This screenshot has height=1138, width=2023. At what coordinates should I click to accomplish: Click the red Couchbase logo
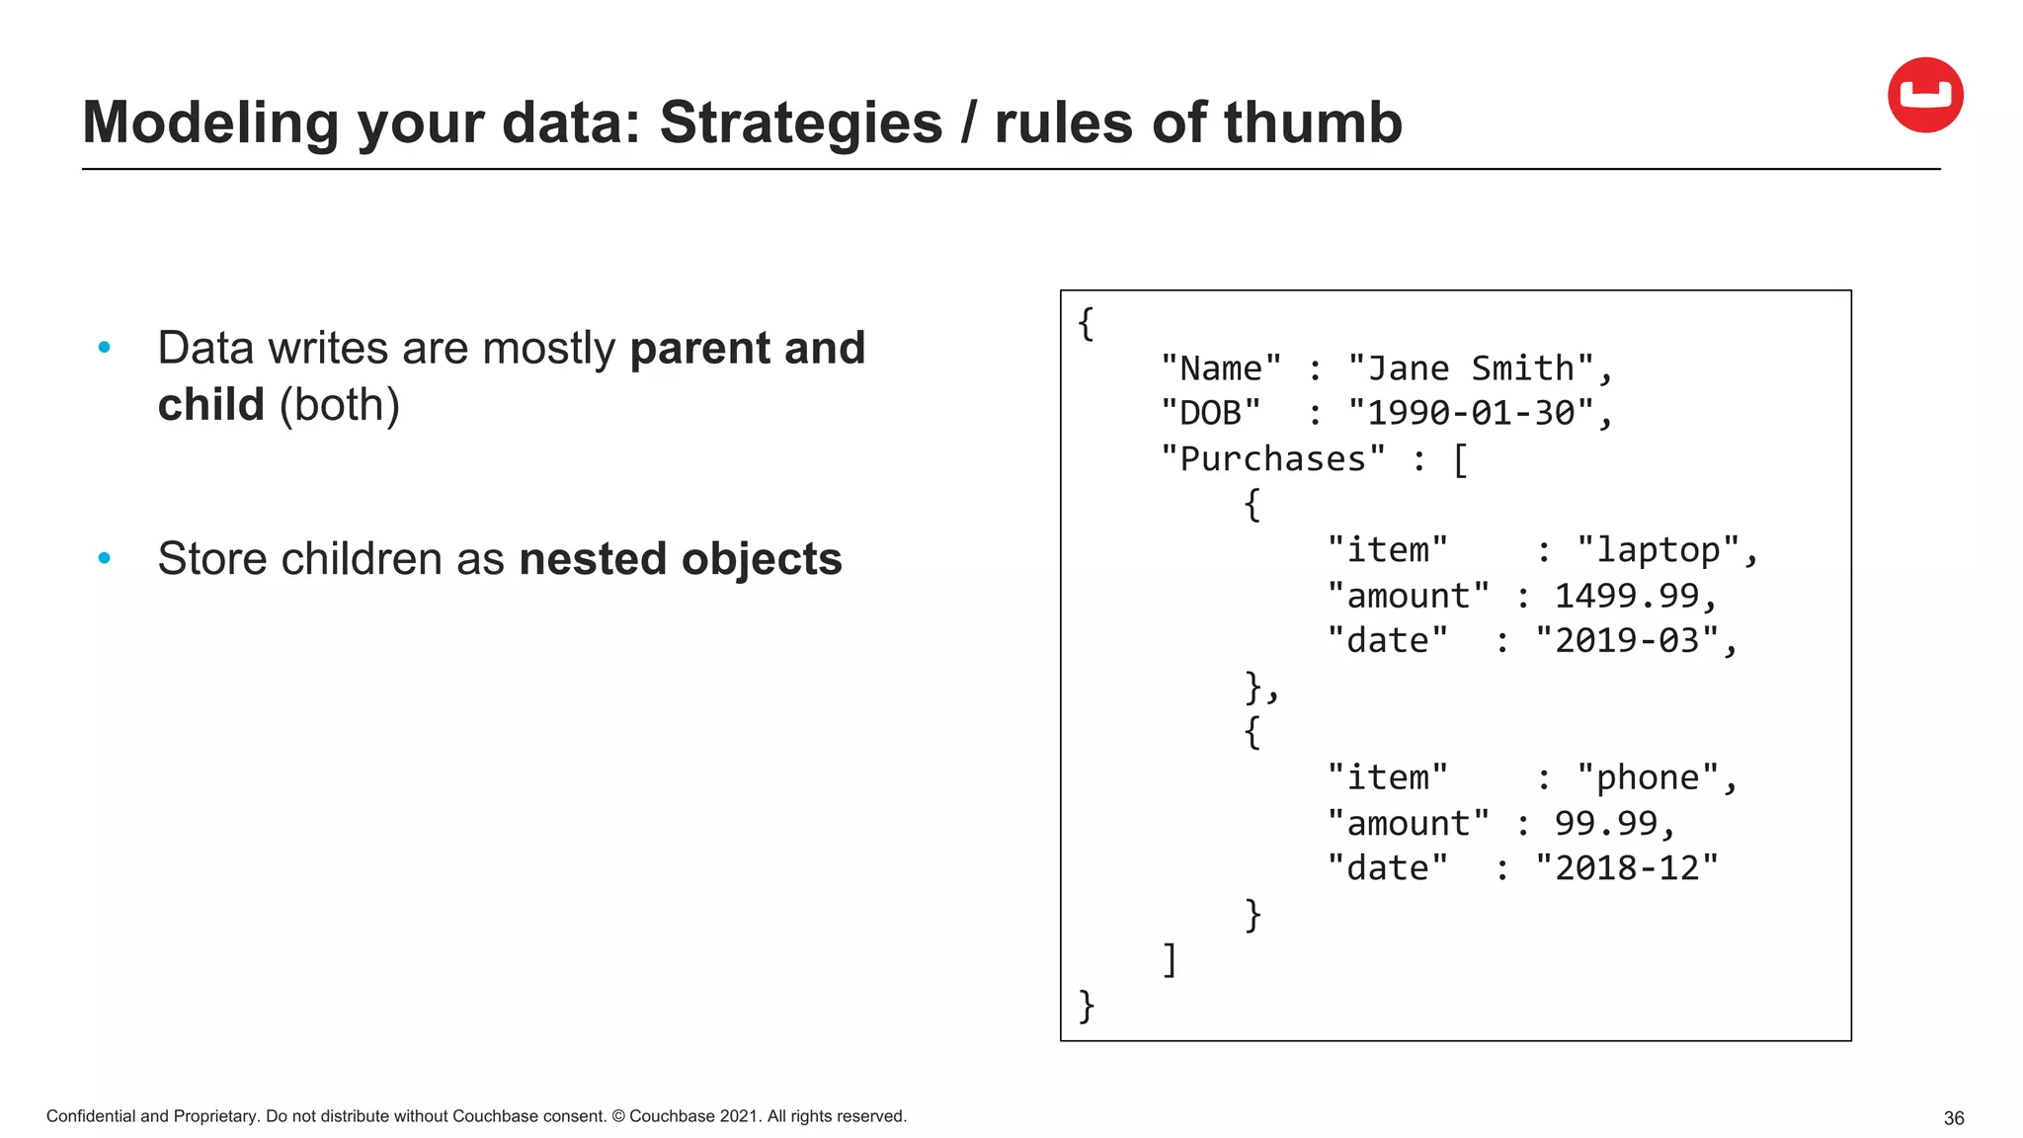pyautogui.click(x=1924, y=95)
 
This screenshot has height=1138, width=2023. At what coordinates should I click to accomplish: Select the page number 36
pyautogui.click(x=1953, y=1118)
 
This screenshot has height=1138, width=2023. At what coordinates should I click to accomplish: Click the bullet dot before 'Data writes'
pyautogui.click(x=105, y=348)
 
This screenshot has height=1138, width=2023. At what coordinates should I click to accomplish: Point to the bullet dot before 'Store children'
pyautogui.click(x=105, y=559)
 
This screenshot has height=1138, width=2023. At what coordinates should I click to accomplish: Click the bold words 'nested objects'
pyautogui.click(x=680, y=559)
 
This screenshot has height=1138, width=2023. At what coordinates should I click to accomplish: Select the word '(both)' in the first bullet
pyautogui.click(x=339, y=405)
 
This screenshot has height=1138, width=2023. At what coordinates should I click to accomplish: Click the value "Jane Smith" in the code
pyautogui.click(x=1471, y=368)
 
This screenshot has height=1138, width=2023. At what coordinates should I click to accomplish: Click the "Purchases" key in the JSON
pyautogui.click(x=1272, y=458)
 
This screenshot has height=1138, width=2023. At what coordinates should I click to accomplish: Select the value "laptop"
pyautogui.click(x=1658, y=550)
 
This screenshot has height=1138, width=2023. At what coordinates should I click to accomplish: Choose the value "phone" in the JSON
pyautogui.click(x=1648, y=777)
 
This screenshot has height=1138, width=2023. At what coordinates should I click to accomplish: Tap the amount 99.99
pyautogui.click(x=1605, y=823)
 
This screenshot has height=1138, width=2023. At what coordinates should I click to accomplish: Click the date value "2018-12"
pyautogui.click(x=1626, y=868)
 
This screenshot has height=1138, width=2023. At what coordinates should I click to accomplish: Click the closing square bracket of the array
pyautogui.click(x=1170, y=959)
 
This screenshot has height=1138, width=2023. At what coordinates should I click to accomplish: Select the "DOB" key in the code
pyautogui.click(x=1211, y=413)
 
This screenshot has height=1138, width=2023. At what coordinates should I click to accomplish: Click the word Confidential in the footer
pyautogui.click(x=91, y=1116)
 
